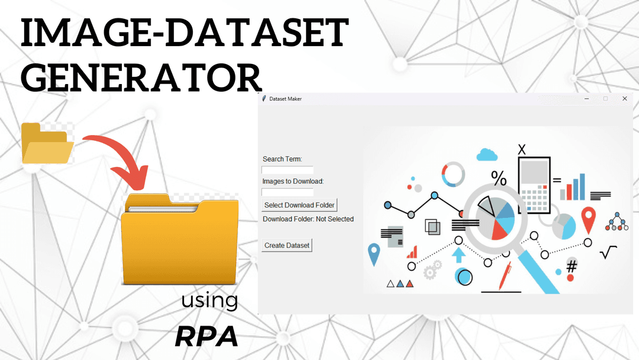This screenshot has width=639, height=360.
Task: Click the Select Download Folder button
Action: (299, 205)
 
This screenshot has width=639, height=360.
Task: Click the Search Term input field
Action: (288, 169)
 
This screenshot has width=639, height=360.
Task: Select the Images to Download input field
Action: (288, 192)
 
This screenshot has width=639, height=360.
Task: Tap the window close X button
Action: (624, 98)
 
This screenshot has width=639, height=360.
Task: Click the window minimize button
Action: (587, 99)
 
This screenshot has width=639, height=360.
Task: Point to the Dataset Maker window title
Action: (285, 99)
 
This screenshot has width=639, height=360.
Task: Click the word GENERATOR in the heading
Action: (141, 78)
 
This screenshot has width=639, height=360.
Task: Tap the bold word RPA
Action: (206, 336)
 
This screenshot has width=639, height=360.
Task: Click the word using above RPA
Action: (209, 301)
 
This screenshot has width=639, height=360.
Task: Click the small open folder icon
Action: (47, 143)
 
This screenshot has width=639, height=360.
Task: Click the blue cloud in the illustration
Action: (486, 155)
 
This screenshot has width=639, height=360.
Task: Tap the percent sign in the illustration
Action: (499, 178)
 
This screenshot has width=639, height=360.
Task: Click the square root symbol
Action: (608, 252)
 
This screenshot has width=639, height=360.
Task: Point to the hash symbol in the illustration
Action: (572, 266)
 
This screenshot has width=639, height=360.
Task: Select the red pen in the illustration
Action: (505, 276)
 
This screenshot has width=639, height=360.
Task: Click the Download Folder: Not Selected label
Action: (308, 219)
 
